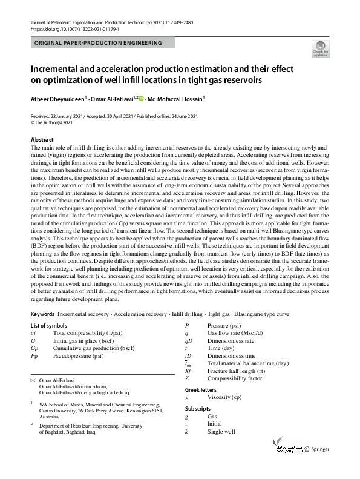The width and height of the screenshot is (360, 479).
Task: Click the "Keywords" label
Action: pyautogui.click(x=42, y=315)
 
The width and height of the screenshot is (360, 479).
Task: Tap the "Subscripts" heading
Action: pyautogui.click(x=198, y=409)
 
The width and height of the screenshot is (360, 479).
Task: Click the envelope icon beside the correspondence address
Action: pyautogui.click(x=33, y=380)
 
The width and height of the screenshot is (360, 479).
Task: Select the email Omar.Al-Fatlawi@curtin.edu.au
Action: pyautogui.click(x=73, y=386)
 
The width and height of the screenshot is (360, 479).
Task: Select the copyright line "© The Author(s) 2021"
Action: pyautogui.click(x=51, y=122)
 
